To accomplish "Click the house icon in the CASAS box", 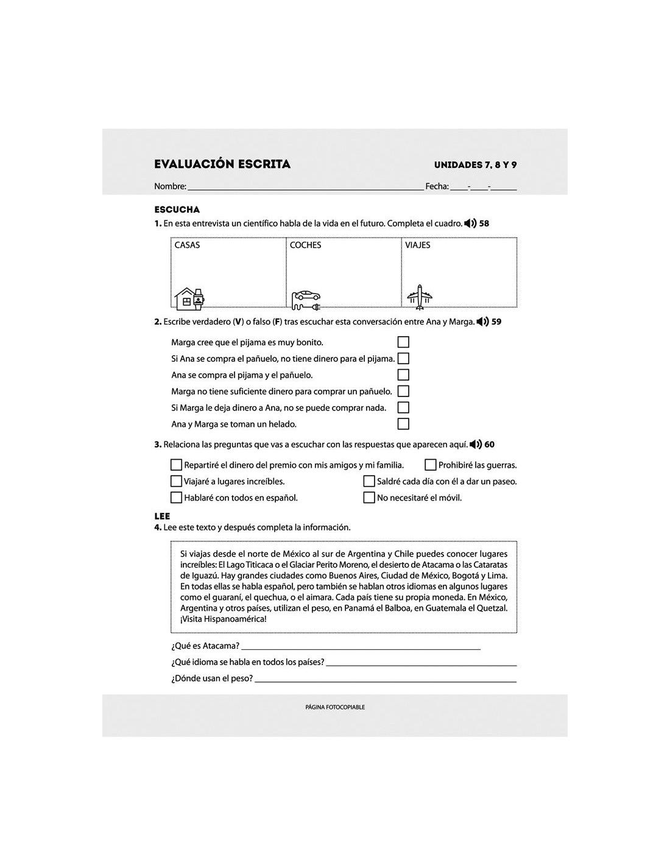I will [x=189, y=298].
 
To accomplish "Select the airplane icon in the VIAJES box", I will [x=420, y=297].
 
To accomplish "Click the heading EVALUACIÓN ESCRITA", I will [x=222, y=164].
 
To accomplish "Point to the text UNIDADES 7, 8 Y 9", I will [x=475, y=165].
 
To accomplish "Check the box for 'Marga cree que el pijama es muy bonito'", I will [x=403, y=342].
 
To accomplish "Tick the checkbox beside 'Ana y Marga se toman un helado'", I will [x=403, y=424].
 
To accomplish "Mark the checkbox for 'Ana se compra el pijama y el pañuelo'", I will [x=403, y=375].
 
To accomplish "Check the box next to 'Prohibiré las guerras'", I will [x=431, y=465].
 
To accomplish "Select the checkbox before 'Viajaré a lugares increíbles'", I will [x=177, y=482].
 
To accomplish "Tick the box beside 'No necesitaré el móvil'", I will [x=369, y=498].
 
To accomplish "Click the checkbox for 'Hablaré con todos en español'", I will [x=177, y=498].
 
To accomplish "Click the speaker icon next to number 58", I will [x=470, y=224].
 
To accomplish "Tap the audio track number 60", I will [x=490, y=445].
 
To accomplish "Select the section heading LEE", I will [x=162, y=516].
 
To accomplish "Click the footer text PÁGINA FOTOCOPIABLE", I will [x=335, y=707].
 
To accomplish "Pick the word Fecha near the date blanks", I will [x=437, y=186].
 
